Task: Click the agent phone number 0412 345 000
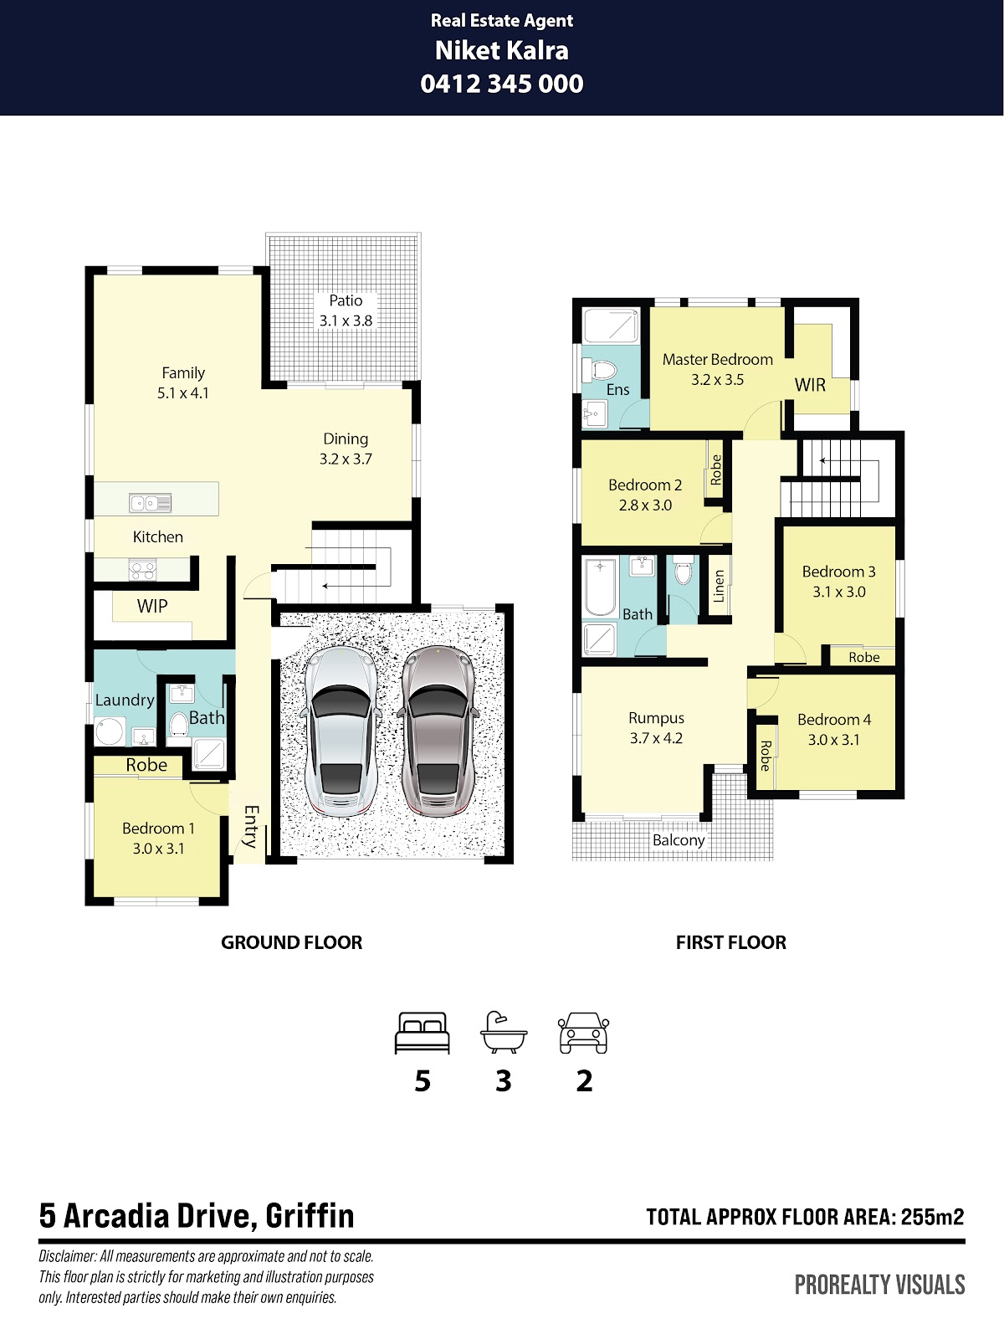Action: click(502, 84)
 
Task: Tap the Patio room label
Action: click(346, 300)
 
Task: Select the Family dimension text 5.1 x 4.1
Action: click(183, 392)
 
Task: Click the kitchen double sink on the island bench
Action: click(150, 503)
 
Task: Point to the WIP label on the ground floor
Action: click(151, 606)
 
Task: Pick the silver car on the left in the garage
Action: click(341, 731)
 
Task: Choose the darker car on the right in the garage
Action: click(438, 731)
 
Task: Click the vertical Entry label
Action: click(250, 827)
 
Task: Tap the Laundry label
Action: click(125, 700)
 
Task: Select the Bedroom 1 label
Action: click(158, 828)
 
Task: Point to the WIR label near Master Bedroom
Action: click(810, 385)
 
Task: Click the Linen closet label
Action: click(719, 586)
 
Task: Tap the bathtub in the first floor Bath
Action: click(601, 587)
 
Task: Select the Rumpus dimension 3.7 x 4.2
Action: click(656, 738)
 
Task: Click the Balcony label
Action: click(679, 840)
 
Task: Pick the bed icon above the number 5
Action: click(423, 1033)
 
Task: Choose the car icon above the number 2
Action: click(583, 1033)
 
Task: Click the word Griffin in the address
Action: click(310, 1215)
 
